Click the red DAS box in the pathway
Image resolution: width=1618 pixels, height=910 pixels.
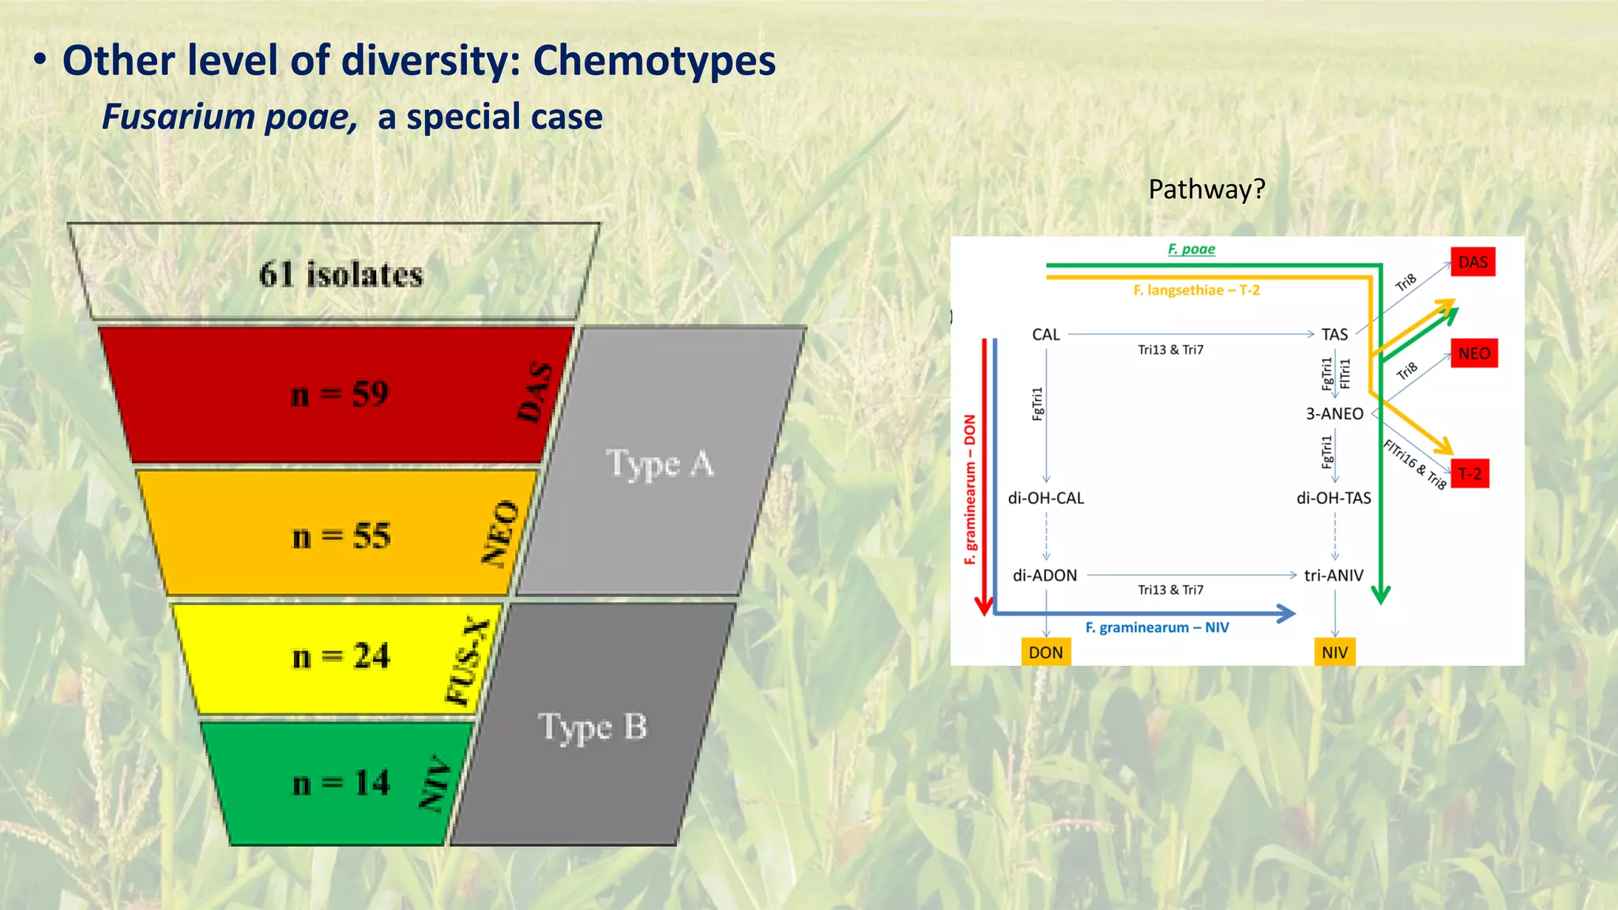click(1473, 262)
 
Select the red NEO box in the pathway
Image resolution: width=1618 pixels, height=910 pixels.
click(1473, 353)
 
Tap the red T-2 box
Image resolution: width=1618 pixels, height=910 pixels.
click(1469, 474)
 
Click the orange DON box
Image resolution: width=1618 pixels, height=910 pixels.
click(1045, 652)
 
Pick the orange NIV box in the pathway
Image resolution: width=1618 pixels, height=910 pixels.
click(1334, 652)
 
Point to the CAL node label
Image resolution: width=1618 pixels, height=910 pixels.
click(1045, 335)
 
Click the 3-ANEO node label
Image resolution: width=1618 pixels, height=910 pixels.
click(1334, 414)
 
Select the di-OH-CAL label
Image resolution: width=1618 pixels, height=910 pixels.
click(1045, 498)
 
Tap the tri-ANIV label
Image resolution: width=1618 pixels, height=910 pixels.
click(1334, 576)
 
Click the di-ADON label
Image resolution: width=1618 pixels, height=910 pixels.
click(1044, 576)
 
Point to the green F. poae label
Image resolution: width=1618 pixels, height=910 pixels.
click(1191, 250)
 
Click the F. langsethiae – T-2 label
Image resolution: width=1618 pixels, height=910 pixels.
click(1196, 291)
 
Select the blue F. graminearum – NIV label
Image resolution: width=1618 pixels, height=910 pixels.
click(1157, 628)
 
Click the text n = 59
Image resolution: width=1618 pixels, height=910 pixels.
click(340, 394)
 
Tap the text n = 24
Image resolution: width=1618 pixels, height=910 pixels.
click(341, 656)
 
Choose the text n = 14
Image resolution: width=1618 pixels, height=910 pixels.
click(341, 784)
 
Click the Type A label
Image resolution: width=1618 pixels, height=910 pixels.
click(660, 464)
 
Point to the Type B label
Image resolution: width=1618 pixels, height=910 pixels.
click(593, 727)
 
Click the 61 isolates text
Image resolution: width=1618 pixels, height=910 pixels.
click(341, 275)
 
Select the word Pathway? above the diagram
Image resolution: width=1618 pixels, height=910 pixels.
click(1206, 190)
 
